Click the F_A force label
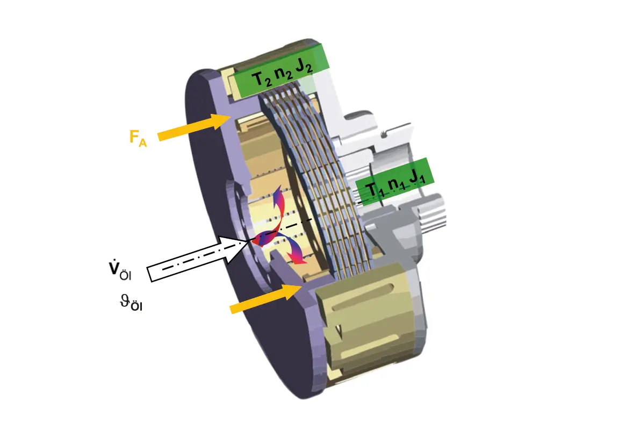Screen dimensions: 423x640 coord(138,138)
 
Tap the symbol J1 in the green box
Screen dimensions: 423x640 coord(416,177)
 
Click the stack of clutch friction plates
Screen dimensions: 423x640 coord(328,177)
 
